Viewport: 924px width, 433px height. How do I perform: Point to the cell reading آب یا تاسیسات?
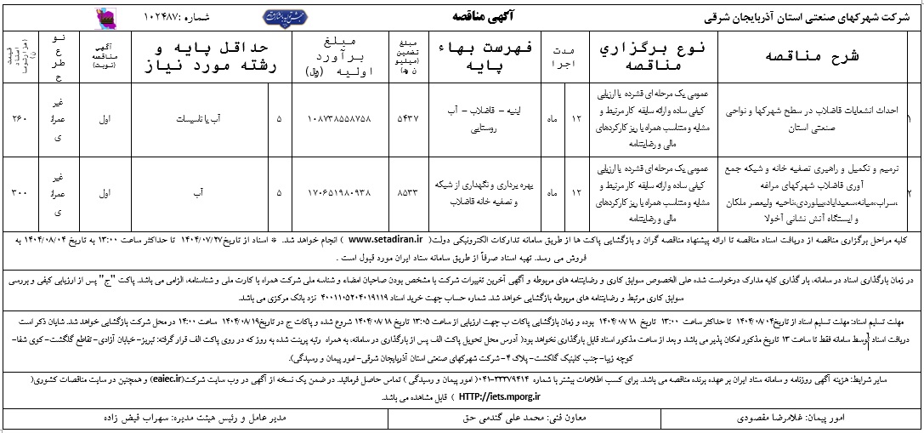click(196, 119)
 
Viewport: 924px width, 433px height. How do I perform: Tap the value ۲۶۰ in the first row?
click(17, 119)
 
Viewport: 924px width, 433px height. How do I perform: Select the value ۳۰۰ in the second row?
click(17, 193)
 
